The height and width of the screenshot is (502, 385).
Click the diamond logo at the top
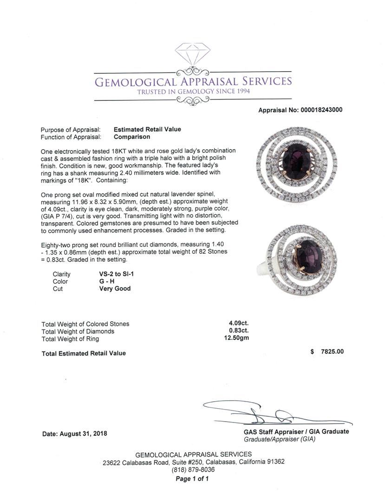coord(192,55)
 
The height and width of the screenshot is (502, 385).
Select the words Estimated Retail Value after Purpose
coord(147,129)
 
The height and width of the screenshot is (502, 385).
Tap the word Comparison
coord(132,137)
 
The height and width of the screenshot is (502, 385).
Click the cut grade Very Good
coord(115,289)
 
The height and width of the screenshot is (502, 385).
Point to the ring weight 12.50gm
coord(236,338)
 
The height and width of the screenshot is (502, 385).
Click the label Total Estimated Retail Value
coord(84,353)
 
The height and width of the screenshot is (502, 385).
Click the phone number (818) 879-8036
coord(193,470)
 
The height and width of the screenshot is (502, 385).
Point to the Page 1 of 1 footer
coord(192,478)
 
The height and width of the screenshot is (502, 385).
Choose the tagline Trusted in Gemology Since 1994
coord(193,92)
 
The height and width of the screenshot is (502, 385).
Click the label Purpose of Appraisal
coord(70,130)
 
